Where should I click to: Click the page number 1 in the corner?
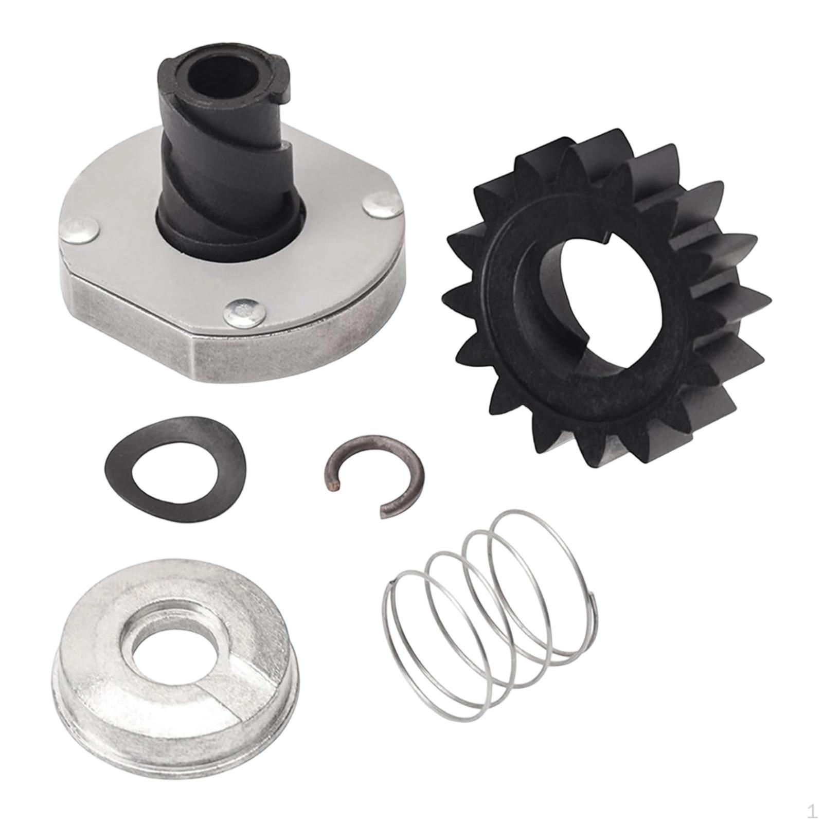811,811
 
